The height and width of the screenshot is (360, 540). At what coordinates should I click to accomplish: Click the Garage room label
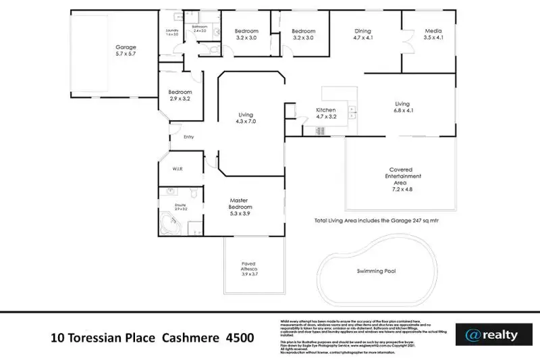(x=126, y=47)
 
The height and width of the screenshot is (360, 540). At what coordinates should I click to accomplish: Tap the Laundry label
(x=171, y=31)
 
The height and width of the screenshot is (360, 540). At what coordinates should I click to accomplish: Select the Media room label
(x=433, y=31)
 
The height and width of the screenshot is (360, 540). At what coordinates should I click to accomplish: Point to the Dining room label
(x=364, y=31)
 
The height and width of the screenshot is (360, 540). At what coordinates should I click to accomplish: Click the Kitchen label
(x=326, y=110)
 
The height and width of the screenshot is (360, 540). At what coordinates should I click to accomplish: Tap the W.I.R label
(x=178, y=169)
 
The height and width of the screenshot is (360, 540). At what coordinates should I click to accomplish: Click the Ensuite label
(x=180, y=203)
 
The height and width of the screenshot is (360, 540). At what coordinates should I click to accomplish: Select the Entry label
(x=188, y=137)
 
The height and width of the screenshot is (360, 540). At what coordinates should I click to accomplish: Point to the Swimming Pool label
(x=376, y=271)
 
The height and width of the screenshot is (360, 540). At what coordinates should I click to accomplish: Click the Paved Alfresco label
(x=250, y=266)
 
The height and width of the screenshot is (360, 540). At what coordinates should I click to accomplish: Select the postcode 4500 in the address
(x=241, y=337)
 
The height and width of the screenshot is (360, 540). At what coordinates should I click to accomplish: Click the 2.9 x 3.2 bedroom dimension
(x=180, y=99)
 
